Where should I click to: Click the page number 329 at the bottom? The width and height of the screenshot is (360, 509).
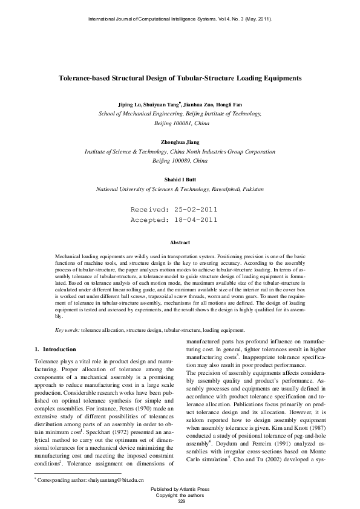180,501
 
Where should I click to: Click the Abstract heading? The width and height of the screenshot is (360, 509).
180,242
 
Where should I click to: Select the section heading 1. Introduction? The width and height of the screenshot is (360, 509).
55,349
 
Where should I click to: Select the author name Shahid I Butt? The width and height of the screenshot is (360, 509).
180,180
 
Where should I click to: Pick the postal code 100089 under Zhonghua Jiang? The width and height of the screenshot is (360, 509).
176,161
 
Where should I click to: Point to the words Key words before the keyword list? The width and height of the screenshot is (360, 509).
67,331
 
